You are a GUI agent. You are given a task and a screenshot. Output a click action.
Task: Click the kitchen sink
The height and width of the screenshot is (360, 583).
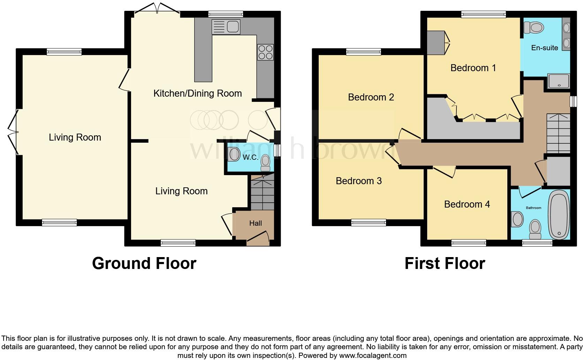point(226,27)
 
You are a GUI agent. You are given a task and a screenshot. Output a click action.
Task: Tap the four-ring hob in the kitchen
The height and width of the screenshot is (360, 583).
point(265,52)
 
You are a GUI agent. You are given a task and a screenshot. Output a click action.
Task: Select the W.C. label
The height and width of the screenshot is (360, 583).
point(250,157)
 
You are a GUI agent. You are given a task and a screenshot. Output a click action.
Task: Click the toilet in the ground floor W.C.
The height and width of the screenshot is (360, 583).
point(266,163)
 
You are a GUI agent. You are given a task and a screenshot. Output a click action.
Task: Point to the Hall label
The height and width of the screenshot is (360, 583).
point(255,223)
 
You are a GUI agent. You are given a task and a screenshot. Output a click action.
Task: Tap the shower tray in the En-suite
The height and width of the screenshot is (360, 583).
point(559,81)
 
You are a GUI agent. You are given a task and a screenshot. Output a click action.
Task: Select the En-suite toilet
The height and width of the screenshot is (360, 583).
point(534,27)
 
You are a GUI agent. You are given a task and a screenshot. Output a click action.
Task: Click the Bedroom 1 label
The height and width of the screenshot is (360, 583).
point(473,68)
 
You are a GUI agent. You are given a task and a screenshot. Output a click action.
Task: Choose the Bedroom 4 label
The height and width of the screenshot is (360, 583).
point(467,204)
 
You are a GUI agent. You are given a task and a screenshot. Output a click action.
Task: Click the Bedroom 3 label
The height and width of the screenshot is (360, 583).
point(358,181)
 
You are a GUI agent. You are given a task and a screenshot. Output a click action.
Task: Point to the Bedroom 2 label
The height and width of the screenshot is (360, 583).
point(371,97)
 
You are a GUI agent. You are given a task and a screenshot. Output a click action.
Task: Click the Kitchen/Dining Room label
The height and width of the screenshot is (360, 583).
point(197,93)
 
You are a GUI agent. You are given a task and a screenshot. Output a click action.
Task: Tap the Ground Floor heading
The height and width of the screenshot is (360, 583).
point(144,263)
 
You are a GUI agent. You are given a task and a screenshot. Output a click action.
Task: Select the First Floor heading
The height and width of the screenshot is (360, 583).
point(445,263)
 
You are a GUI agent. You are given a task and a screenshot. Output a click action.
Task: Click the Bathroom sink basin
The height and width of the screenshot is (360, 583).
point(517,220)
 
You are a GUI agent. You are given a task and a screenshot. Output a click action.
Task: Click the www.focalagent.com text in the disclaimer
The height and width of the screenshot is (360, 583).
point(372,355)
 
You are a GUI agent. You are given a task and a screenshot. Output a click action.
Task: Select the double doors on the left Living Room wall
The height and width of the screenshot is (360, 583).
point(13,132)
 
